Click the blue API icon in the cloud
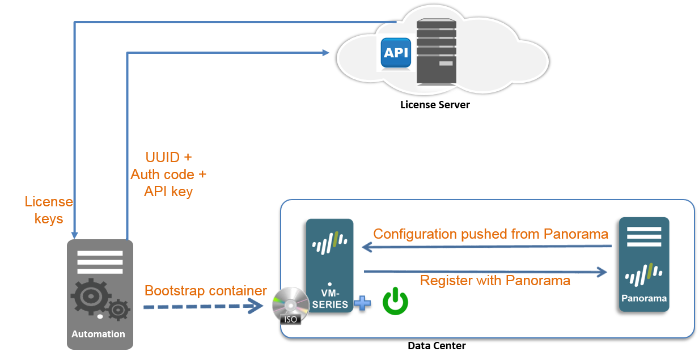396,53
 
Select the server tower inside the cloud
436,52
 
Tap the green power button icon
395,301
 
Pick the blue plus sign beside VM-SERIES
362,303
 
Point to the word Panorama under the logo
644,298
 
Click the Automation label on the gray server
98,334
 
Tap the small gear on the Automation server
118,310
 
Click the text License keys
49,210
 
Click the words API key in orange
168,192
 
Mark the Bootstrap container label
205,291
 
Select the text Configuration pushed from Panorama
490,234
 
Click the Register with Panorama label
495,280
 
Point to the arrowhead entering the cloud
326,53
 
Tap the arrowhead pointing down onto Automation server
74,235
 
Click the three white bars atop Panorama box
644,236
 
